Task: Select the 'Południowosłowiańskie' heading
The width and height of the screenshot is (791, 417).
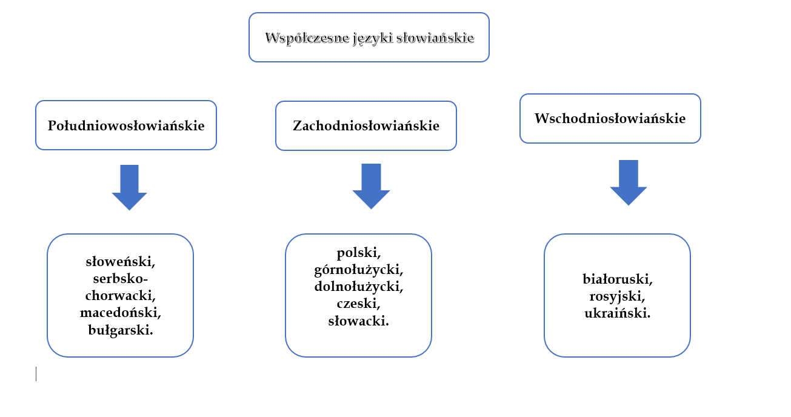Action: click(126, 126)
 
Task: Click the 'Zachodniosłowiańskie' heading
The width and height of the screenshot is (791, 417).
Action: click(366, 126)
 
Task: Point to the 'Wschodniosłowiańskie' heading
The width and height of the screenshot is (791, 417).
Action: click(610, 118)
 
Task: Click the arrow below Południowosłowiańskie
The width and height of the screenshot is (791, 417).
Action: click(129, 187)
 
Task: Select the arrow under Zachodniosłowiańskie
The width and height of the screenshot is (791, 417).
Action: click(371, 185)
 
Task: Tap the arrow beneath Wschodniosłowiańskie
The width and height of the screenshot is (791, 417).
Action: click(629, 182)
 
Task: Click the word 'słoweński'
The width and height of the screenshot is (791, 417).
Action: click(119, 262)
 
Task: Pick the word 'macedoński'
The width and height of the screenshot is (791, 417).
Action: click(119, 313)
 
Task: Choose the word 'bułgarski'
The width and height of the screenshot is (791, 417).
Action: click(119, 330)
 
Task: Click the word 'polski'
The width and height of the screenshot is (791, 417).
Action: click(358, 252)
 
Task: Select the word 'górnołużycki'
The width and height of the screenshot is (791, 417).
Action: click(358, 269)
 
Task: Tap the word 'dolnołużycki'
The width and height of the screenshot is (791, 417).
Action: click(358, 285)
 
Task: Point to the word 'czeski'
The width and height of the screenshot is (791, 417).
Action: click(358, 302)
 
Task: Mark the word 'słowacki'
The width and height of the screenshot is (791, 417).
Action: click(358, 320)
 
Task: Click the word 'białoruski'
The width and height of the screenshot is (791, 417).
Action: click(616, 279)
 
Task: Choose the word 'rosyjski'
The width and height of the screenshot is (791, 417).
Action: click(616, 297)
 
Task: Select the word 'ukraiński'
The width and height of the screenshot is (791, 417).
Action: click(616, 314)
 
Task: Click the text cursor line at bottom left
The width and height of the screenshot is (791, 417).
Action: click(36, 374)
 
